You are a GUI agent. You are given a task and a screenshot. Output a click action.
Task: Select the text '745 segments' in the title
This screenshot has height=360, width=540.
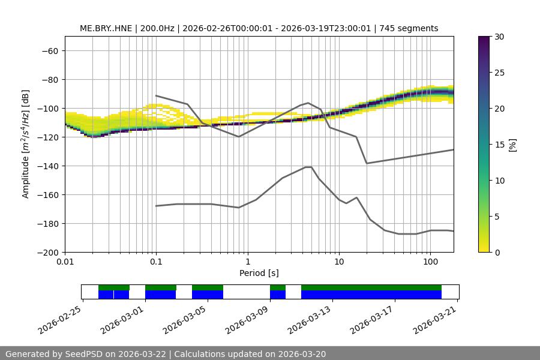point(413,28)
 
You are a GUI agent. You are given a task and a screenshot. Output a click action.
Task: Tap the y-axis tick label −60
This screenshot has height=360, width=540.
point(49,50)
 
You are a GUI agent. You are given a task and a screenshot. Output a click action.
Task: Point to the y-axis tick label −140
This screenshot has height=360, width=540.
point(46,166)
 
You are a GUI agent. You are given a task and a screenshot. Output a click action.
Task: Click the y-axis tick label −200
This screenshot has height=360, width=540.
point(46,252)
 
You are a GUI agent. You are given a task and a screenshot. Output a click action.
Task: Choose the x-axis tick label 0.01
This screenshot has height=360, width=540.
point(65,262)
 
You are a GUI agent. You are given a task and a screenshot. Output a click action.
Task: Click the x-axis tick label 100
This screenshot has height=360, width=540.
point(430,262)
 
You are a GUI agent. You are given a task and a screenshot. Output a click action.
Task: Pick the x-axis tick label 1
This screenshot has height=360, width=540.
point(247,262)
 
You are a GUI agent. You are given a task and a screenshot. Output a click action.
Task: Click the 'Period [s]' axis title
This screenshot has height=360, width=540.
point(259,273)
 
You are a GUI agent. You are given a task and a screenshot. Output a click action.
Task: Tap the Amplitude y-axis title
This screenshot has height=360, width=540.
point(26,144)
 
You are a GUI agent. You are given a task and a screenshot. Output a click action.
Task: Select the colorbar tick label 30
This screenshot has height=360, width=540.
point(499,37)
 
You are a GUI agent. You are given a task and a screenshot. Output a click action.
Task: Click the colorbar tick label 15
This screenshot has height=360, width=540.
point(499,144)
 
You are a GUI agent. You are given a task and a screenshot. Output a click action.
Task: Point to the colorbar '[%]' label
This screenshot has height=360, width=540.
point(512,144)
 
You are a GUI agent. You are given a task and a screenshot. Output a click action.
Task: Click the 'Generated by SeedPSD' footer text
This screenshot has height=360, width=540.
point(54,354)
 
